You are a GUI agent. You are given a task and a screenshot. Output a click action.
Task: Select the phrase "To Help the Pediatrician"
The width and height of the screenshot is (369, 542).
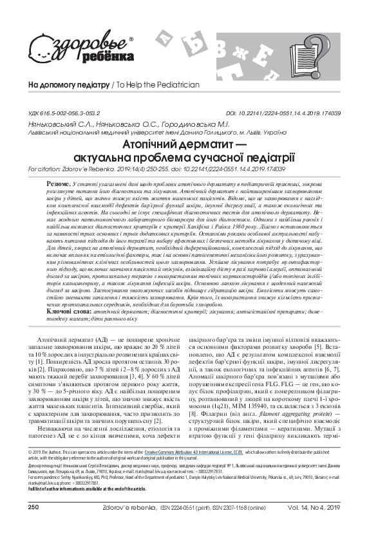(x=158, y=85)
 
